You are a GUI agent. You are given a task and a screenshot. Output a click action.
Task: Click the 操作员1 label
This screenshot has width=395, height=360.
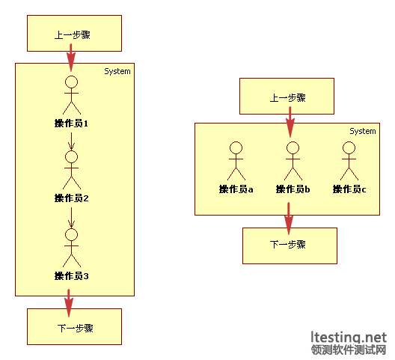pos(71,123)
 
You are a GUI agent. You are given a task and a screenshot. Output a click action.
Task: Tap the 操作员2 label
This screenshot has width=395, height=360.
pos(71,198)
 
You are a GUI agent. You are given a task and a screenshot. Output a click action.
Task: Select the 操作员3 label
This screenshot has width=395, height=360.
pos(71,276)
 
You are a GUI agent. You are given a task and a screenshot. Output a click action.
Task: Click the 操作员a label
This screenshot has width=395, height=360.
pos(236,189)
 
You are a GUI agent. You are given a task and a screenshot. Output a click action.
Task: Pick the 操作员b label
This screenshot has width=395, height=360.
pos(293,189)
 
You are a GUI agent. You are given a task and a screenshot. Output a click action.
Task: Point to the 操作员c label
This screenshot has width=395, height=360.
pos(349,189)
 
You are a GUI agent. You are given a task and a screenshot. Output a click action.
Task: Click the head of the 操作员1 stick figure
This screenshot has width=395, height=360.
pos(72,82)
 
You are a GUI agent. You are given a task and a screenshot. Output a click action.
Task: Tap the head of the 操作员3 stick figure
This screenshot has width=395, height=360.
pos(72,235)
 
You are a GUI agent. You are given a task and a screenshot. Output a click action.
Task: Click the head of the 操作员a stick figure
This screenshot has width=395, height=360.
pos(236,147)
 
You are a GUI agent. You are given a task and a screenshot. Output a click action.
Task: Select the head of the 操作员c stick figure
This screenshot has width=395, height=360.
pos(349,147)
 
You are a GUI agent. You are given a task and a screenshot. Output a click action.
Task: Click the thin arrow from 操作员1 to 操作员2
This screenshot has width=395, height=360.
pos(72,141)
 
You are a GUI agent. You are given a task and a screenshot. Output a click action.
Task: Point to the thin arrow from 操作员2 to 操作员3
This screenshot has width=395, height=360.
pos(72,218)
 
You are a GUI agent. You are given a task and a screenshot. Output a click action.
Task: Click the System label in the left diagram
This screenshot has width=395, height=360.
pos(117,72)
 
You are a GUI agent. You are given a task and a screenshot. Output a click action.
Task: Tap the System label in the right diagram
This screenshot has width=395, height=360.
pos(363,131)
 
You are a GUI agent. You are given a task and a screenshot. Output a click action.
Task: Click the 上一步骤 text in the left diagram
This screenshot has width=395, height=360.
pos(73,34)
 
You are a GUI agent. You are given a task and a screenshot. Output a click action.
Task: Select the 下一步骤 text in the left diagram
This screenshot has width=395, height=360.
pos(76,329)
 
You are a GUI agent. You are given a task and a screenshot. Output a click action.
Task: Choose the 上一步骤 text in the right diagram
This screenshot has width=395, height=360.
pos(288,98)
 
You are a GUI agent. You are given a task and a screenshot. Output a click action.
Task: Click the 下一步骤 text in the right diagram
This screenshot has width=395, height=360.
pos(288,245)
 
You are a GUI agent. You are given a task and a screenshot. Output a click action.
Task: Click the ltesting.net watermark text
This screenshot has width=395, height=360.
pos(349,338)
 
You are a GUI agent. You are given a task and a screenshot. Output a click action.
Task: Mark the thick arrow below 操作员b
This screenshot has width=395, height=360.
pos(289,219)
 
